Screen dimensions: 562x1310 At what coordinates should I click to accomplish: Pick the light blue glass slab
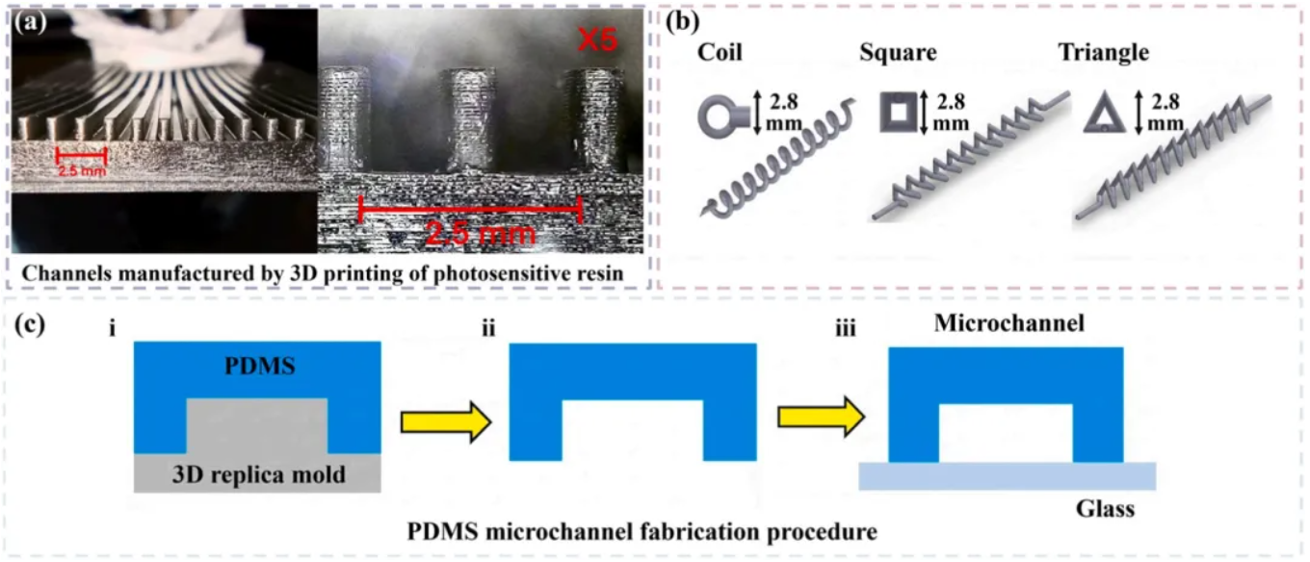1007,475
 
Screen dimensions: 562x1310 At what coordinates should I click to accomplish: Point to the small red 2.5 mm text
80,171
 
